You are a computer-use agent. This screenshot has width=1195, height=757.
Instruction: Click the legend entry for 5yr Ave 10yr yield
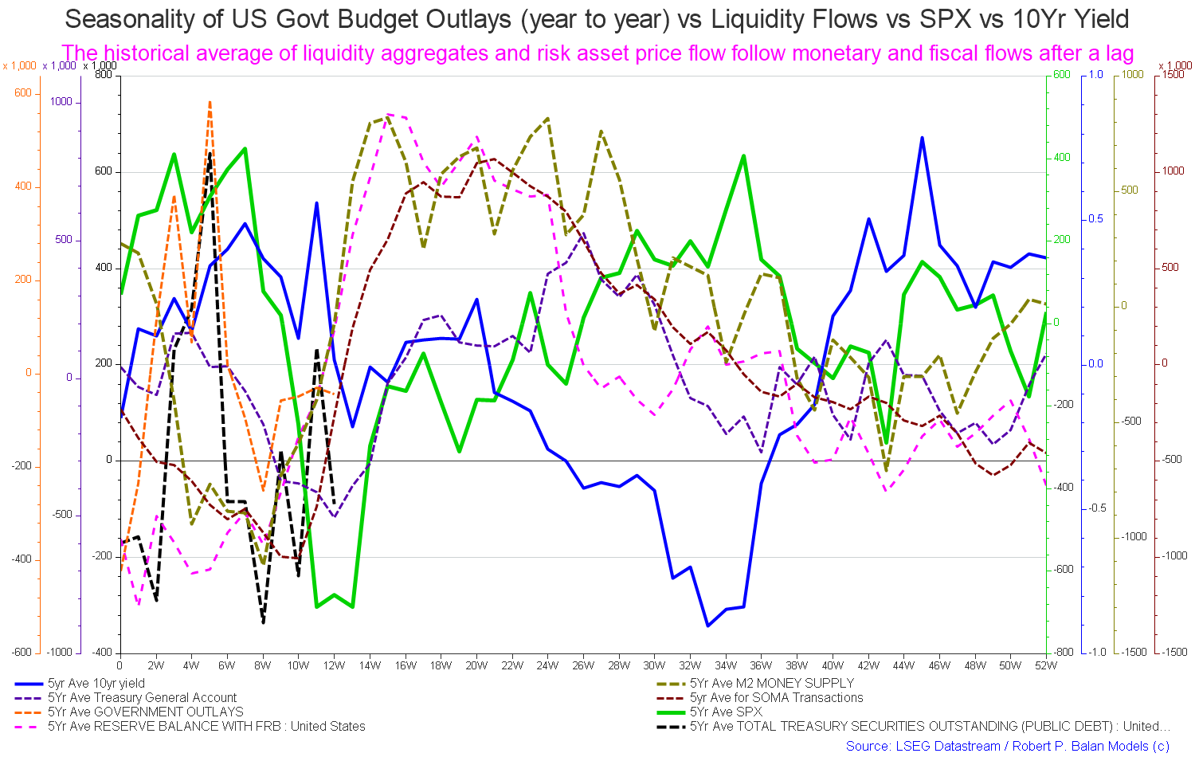[96, 684]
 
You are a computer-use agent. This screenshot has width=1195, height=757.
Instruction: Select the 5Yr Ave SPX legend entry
[725, 712]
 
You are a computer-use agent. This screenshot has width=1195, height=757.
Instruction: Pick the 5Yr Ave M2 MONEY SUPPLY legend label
[771, 684]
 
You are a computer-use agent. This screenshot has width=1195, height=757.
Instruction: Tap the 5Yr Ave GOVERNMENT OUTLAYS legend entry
[145, 712]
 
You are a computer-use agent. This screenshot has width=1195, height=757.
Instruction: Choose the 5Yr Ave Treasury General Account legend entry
[142, 698]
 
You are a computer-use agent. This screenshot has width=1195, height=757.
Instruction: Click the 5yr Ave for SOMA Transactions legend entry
[776, 698]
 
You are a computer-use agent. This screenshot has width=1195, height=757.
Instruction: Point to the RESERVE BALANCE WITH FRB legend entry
[206, 727]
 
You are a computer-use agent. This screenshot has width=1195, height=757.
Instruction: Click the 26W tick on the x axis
[583, 665]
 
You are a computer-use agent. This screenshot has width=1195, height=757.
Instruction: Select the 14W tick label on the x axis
[370, 665]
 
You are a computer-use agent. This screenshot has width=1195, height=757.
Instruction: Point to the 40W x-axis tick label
[833, 665]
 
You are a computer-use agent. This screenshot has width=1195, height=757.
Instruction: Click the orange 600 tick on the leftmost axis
[23, 93]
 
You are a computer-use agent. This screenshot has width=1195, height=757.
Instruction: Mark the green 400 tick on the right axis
[1062, 158]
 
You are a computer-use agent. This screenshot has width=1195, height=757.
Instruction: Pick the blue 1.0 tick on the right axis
[1095, 75]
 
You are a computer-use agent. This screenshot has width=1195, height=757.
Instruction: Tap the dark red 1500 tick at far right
[1173, 75]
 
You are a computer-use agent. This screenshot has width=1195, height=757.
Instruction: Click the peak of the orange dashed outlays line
[210, 102]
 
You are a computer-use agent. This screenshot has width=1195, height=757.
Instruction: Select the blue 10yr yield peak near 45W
[922, 138]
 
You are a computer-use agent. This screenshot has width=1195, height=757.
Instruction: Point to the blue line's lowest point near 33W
[707, 626]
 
